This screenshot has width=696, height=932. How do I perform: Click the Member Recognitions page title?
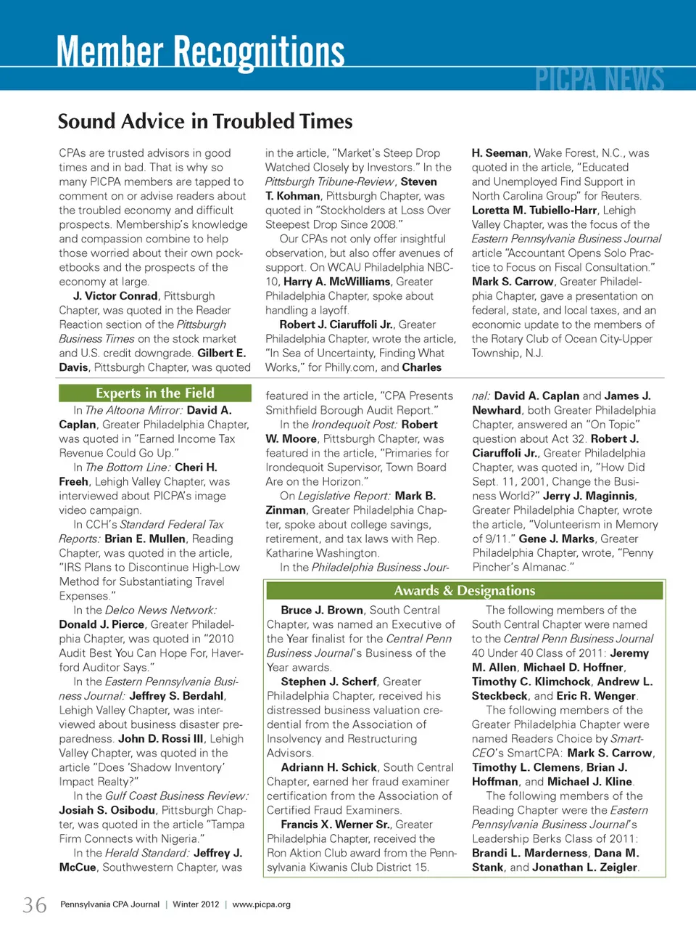click(x=200, y=52)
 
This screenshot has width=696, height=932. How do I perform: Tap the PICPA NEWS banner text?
click(x=600, y=78)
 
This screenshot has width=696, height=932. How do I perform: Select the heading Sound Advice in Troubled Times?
click(x=205, y=121)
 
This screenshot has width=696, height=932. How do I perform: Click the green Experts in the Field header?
click(x=155, y=393)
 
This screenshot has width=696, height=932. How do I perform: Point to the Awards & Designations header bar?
click(x=465, y=591)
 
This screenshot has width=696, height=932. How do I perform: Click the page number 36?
click(x=35, y=905)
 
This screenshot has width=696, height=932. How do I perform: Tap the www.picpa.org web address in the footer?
click(x=261, y=904)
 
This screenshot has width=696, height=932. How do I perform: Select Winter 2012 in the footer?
click(x=196, y=904)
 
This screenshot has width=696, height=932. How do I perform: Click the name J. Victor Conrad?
click(x=115, y=296)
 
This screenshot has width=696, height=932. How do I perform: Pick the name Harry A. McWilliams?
click(x=338, y=282)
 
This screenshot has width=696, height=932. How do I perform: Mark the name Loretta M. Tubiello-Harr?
click(x=534, y=210)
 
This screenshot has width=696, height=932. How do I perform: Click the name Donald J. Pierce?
click(x=101, y=625)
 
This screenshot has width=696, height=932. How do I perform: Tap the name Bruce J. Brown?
click(x=322, y=610)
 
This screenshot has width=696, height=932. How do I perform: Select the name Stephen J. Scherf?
click(x=328, y=682)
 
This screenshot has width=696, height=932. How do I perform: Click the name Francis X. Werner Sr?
click(x=336, y=825)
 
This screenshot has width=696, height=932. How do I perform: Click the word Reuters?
click(x=620, y=196)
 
